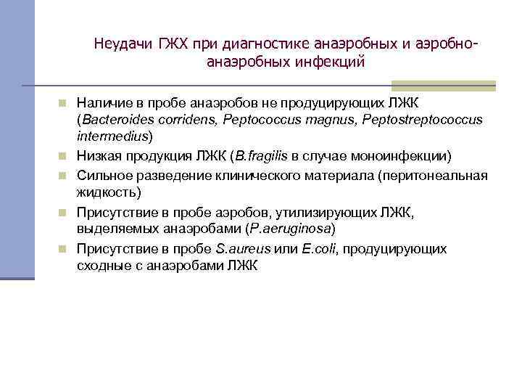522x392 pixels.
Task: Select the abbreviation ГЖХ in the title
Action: click(168, 45)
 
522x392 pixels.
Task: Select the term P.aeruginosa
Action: click(289, 230)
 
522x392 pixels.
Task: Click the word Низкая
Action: click(98, 155)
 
